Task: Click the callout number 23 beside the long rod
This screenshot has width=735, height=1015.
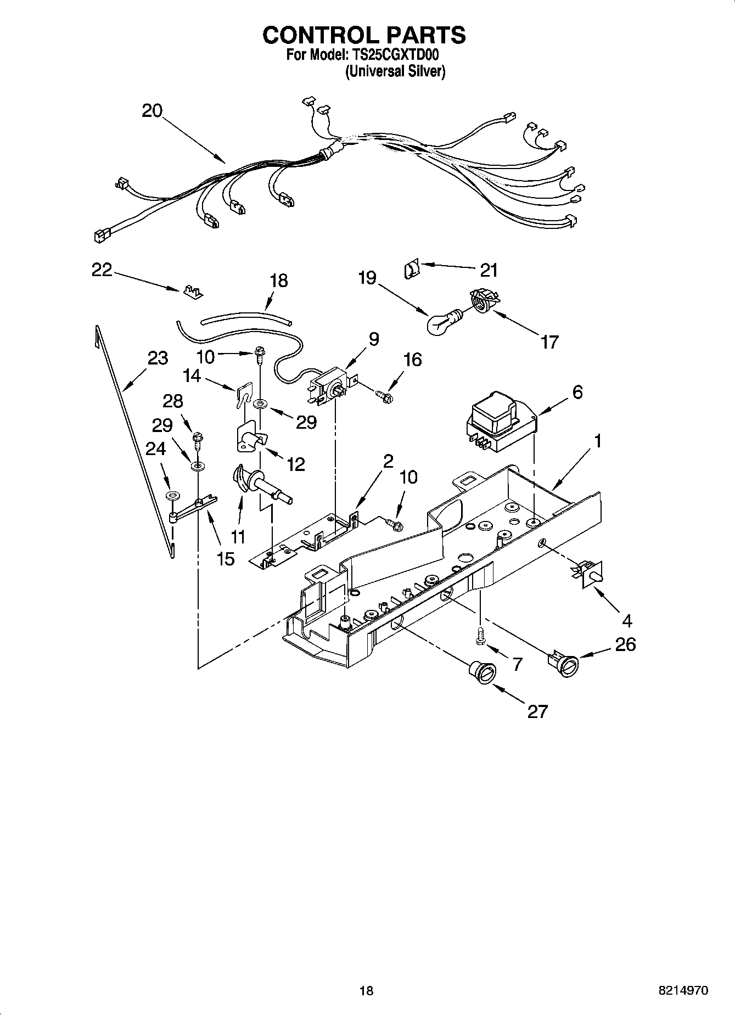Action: (x=158, y=358)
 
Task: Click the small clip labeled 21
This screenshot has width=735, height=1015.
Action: (x=412, y=269)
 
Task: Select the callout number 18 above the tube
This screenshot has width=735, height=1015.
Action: (x=279, y=281)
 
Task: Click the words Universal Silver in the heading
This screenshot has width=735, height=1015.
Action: (x=395, y=71)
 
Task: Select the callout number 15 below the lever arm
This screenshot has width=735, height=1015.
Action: (x=226, y=559)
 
